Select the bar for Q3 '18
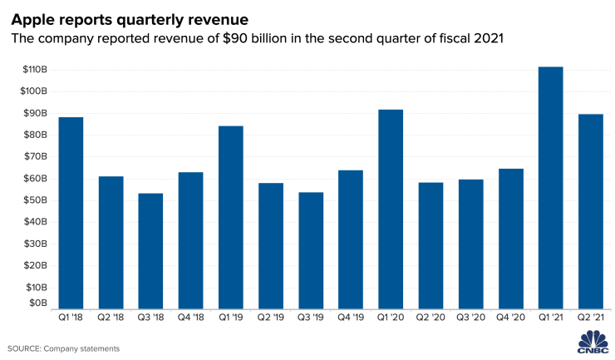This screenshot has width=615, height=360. point(150,250)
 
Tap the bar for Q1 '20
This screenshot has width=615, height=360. point(391,209)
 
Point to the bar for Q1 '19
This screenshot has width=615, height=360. point(230,217)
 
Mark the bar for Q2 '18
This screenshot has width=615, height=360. point(111,242)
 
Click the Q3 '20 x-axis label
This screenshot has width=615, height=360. point(470,318)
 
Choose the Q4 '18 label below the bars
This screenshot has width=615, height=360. point(190,318)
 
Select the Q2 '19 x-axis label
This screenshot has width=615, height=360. point(270,318)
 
